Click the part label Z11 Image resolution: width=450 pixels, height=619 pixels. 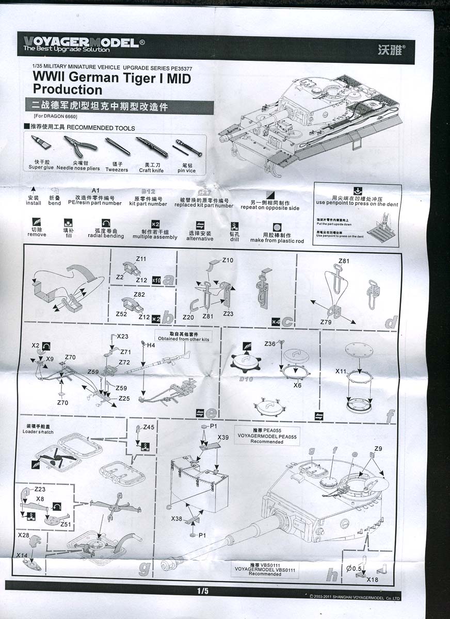coord(141,258)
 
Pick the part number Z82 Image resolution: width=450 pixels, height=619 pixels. coord(139,295)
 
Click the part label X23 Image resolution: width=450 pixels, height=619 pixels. coord(122,336)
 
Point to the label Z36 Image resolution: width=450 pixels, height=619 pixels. coord(270,344)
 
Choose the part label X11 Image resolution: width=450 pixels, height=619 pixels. coord(341,371)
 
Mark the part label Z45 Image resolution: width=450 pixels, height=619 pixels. coord(148,427)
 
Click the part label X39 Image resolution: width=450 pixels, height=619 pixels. coord(223,437)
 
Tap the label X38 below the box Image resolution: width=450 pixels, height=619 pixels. coord(177,519)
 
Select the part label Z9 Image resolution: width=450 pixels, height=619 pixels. coord(378,448)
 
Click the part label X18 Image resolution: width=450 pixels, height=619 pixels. coord(373,579)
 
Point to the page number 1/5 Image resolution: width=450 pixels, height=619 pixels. coord(202,591)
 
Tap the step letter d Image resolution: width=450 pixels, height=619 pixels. coord(392,322)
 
